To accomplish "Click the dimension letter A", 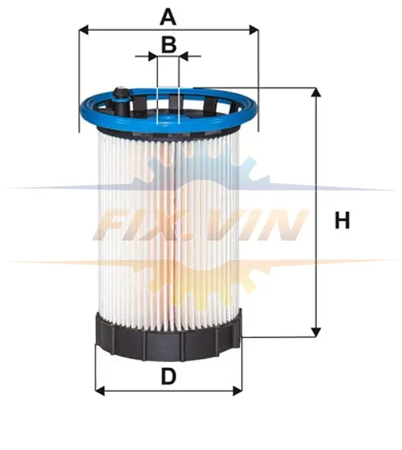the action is tap(168, 17).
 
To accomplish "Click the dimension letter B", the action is tap(169, 45).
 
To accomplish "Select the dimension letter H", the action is tap(342, 220).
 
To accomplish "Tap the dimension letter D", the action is tap(169, 376).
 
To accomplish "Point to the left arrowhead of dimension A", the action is tap(84, 30).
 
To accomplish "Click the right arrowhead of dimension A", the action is tap(254, 30).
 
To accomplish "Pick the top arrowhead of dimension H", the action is tap(316, 92).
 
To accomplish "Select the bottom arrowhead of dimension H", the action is tap(316, 332).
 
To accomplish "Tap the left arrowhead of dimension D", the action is tap(100, 390).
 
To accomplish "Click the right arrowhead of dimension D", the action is tap(237, 390).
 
